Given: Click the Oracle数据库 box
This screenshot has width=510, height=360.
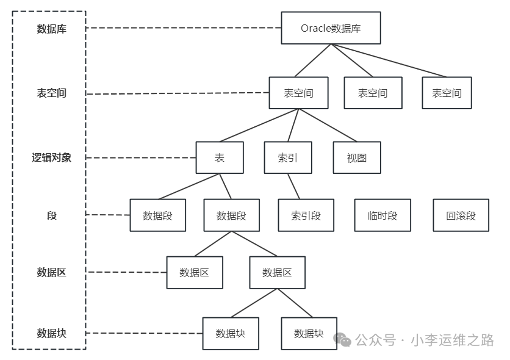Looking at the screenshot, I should (331, 28).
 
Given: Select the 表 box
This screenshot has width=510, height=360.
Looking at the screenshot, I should (220, 157).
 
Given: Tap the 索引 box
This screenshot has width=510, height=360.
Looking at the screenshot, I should (287, 157).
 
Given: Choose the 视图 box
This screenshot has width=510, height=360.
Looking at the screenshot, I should (357, 157).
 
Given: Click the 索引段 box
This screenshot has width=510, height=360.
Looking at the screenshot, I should (306, 215).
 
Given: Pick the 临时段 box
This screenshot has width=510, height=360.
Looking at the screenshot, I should (382, 215).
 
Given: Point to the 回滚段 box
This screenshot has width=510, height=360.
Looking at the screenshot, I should (461, 215).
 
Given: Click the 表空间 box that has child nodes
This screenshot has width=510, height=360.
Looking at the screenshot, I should (298, 93).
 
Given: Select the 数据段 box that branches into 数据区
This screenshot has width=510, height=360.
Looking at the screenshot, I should (231, 215).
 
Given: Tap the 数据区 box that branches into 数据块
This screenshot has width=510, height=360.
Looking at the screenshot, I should (277, 272).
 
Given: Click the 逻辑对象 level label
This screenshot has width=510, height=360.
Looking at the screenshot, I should (51, 157).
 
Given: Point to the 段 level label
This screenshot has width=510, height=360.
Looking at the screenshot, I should (51, 215).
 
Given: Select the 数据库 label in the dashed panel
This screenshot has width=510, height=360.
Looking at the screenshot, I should (51, 29).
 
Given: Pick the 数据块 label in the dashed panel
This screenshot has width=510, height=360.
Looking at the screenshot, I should (51, 333).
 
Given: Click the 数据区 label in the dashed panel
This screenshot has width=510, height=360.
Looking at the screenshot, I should (51, 272).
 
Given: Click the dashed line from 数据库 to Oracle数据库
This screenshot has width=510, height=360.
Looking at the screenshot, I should (183, 28).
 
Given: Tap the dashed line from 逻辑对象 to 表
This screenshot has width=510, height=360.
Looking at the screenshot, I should (140, 157).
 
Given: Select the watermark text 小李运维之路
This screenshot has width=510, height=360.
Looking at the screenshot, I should (453, 340).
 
